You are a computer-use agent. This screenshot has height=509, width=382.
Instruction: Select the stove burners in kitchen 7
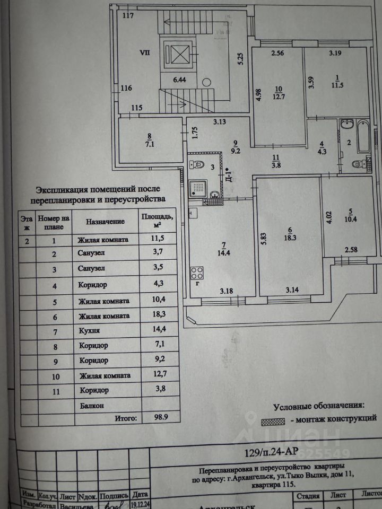(x=197, y=273)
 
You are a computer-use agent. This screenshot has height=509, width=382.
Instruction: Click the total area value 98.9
(x=154, y=418)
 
